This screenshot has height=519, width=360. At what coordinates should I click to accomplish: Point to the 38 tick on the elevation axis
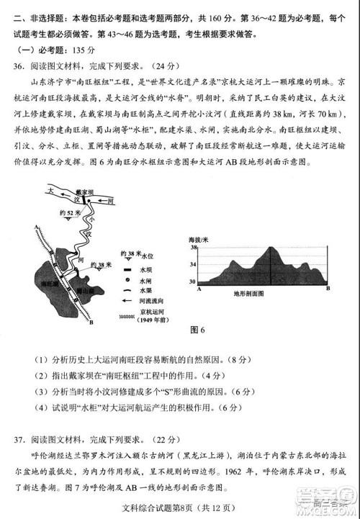pyautogui.click(x=192, y=247)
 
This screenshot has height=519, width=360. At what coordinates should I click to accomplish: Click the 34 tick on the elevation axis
pyautogui.click(x=192, y=264)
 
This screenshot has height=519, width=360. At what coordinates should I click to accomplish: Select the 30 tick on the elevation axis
pyautogui.click(x=192, y=281)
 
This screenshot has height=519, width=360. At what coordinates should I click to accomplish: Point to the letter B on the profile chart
pyautogui.click(x=328, y=288)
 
